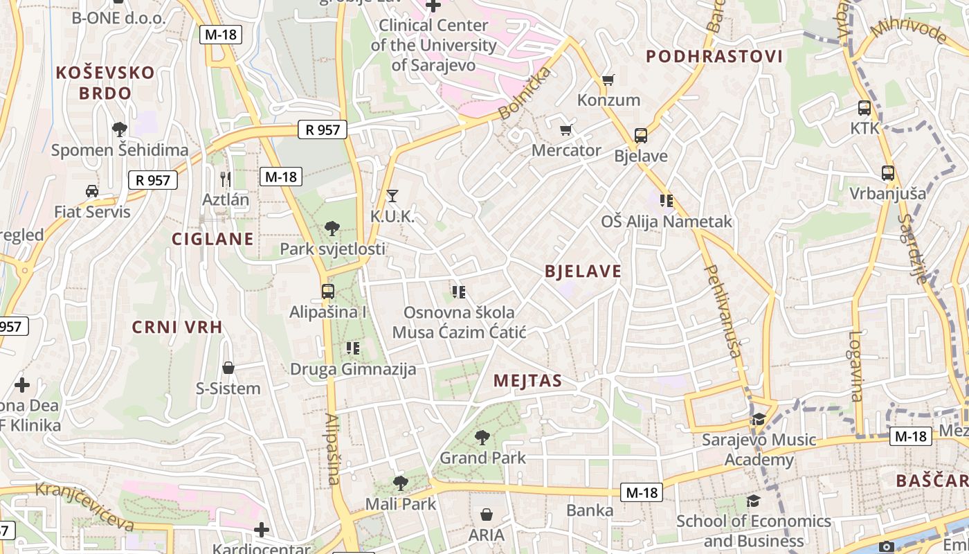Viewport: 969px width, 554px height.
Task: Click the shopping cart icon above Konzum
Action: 608,80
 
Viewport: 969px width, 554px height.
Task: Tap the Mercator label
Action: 566,150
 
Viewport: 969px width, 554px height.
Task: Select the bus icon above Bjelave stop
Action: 641,136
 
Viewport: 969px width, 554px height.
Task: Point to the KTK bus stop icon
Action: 864,108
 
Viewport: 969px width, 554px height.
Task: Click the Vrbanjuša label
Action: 887,193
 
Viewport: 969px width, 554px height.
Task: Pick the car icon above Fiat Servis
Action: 91,191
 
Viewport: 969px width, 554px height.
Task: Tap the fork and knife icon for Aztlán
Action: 225,179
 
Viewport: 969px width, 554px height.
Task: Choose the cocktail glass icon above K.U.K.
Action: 392,196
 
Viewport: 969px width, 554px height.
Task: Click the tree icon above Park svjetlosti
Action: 332,228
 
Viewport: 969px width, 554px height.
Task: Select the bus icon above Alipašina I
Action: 328,292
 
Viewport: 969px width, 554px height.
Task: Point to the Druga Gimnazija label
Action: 353,369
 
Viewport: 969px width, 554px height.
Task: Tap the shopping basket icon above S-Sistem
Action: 228,368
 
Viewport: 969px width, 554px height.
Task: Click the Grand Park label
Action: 483,458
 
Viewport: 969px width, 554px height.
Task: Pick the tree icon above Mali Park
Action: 400,483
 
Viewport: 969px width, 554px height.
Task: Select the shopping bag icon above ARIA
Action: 487,515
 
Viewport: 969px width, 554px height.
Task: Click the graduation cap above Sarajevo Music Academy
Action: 759,419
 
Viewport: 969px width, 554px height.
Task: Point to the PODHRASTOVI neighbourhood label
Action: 714,57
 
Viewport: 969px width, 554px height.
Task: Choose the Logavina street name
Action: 855,366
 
